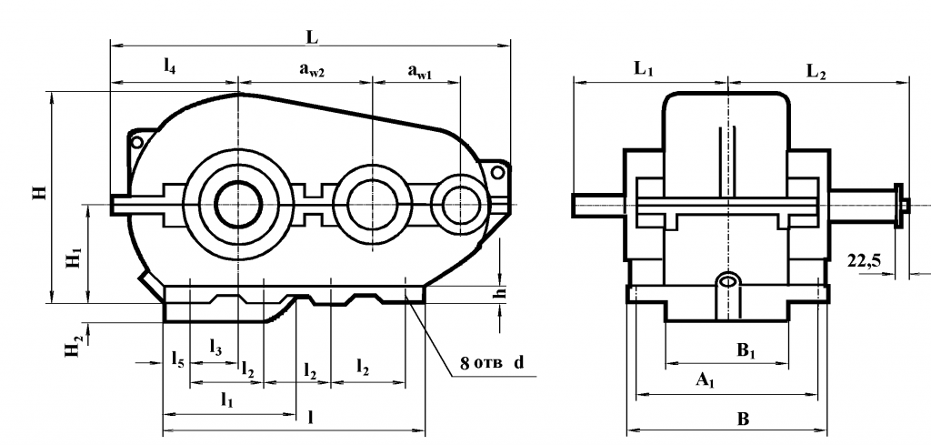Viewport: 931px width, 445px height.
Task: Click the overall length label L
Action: (312, 37)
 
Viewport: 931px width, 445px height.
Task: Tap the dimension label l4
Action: (170, 66)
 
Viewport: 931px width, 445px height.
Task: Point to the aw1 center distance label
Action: (420, 69)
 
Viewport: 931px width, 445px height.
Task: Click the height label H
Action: (38, 193)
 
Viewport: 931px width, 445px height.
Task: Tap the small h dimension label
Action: (499, 293)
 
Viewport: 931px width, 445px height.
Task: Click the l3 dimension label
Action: (215, 347)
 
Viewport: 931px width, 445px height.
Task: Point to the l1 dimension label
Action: (227, 399)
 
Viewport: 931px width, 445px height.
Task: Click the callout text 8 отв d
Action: (491, 363)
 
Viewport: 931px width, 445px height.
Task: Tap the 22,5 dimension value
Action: (863, 261)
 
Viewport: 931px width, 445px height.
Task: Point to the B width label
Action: (742, 419)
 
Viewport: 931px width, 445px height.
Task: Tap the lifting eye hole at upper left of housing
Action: (137, 142)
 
